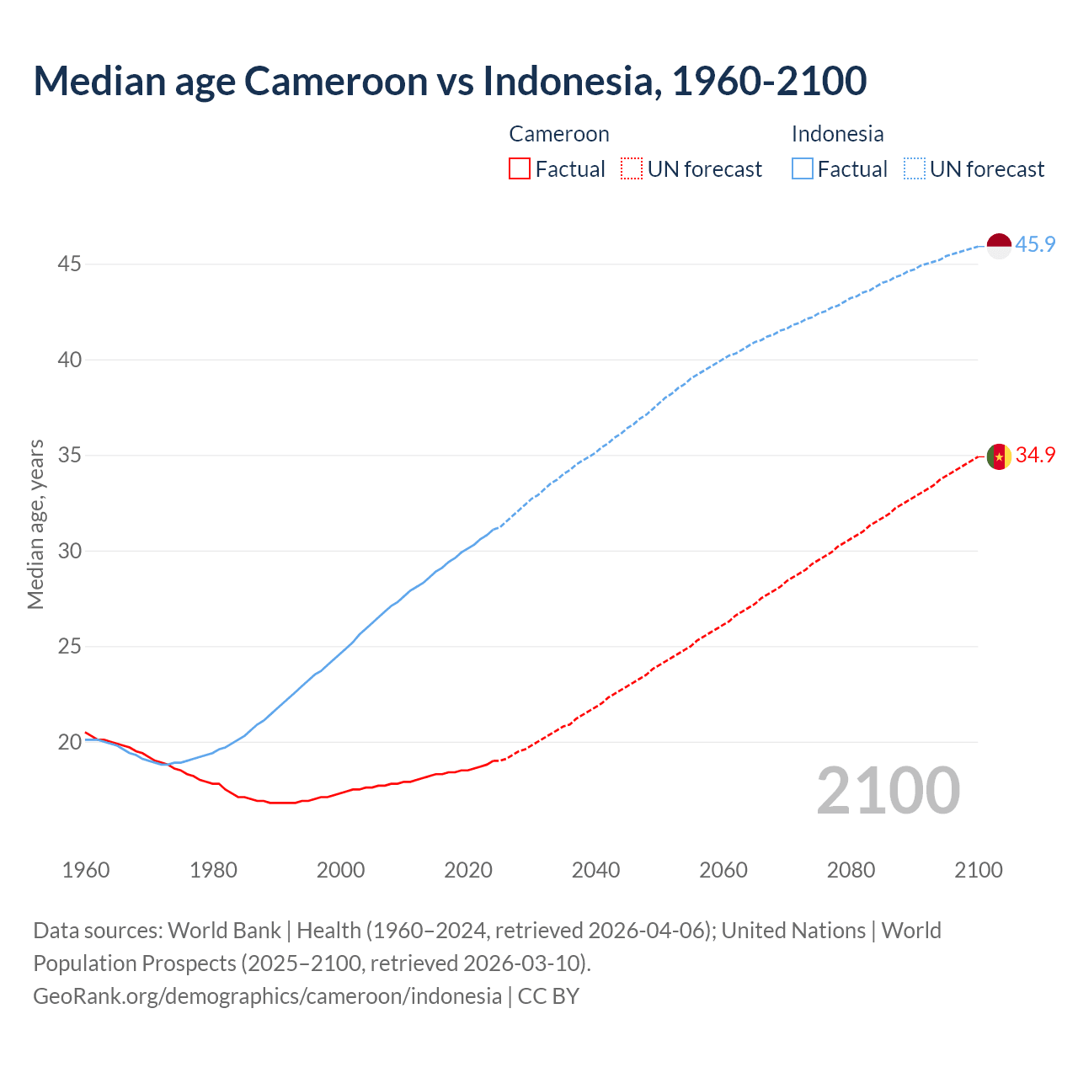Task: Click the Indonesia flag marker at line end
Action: click(999, 246)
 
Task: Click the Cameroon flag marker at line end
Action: click(999, 456)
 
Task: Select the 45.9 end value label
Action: click(1035, 245)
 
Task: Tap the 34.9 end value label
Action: click(1035, 456)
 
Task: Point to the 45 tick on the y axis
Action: click(69, 264)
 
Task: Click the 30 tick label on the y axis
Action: click(69, 552)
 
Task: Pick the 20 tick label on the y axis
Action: click(69, 743)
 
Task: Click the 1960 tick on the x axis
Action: click(86, 870)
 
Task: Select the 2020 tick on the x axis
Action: click(468, 870)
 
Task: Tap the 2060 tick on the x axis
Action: click(723, 870)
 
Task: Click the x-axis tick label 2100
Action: click(979, 870)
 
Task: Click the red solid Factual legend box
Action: click(520, 169)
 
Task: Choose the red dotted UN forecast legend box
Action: click(632, 169)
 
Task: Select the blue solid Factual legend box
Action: click(803, 169)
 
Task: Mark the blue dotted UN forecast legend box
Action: click(915, 169)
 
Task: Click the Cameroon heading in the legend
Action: click(559, 135)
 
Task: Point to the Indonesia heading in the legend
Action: click(838, 135)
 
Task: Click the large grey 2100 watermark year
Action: click(889, 791)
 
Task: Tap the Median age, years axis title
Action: click(35, 524)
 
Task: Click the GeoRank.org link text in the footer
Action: click(267, 996)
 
